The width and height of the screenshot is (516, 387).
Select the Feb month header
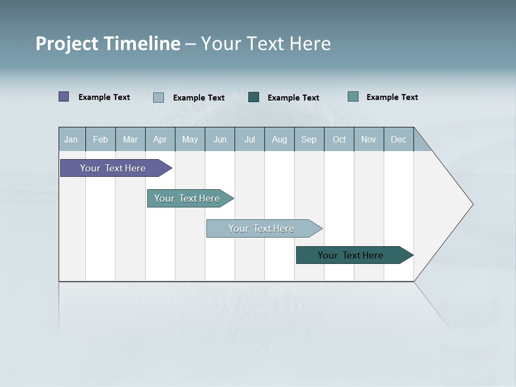(x=101, y=139)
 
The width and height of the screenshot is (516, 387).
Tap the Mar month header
(x=130, y=139)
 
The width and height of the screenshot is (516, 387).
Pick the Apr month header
(x=160, y=139)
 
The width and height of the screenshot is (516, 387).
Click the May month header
(x=190, y=139)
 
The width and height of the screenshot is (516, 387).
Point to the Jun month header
(x=220, y=139)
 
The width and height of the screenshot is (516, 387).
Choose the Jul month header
(x=249, y=139)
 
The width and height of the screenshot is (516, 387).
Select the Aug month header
(x=279, y=139)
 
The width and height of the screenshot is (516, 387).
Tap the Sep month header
(x=309, y=139)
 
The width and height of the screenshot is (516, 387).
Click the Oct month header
(x=339, y=139)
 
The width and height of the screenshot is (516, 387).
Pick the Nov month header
(x=369, y=139)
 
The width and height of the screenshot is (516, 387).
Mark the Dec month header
(x=399, y=139)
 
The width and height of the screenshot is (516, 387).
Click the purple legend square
(x=64, y=97)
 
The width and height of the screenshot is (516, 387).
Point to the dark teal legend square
(x=254, y=97)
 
